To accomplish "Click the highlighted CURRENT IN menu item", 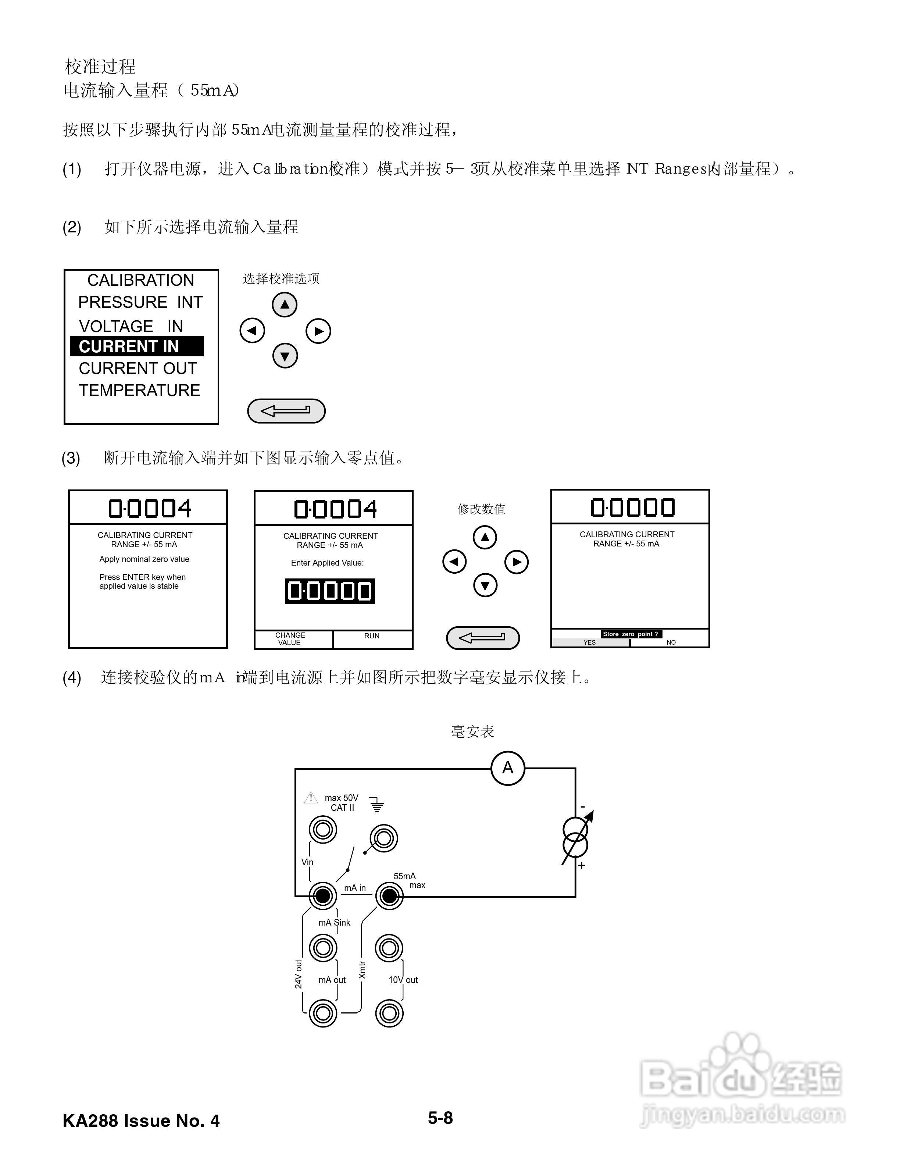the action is pos(136,346).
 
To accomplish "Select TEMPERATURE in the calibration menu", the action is pos(139,391).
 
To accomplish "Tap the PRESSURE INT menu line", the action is pos(140,302).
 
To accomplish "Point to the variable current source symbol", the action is pos(576,837).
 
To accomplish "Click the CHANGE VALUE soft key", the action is pos(290,639).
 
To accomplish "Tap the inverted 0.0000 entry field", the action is pos(329,591).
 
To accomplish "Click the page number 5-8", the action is pos(440,1118).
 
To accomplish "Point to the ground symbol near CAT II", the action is pos(377,804).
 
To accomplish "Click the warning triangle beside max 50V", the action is pos(310,798).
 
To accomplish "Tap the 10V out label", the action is pos(403,980).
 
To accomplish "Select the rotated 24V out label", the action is pos(299,975).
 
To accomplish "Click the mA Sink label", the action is pos(334,923).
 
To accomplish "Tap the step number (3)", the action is pos(71,458).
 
